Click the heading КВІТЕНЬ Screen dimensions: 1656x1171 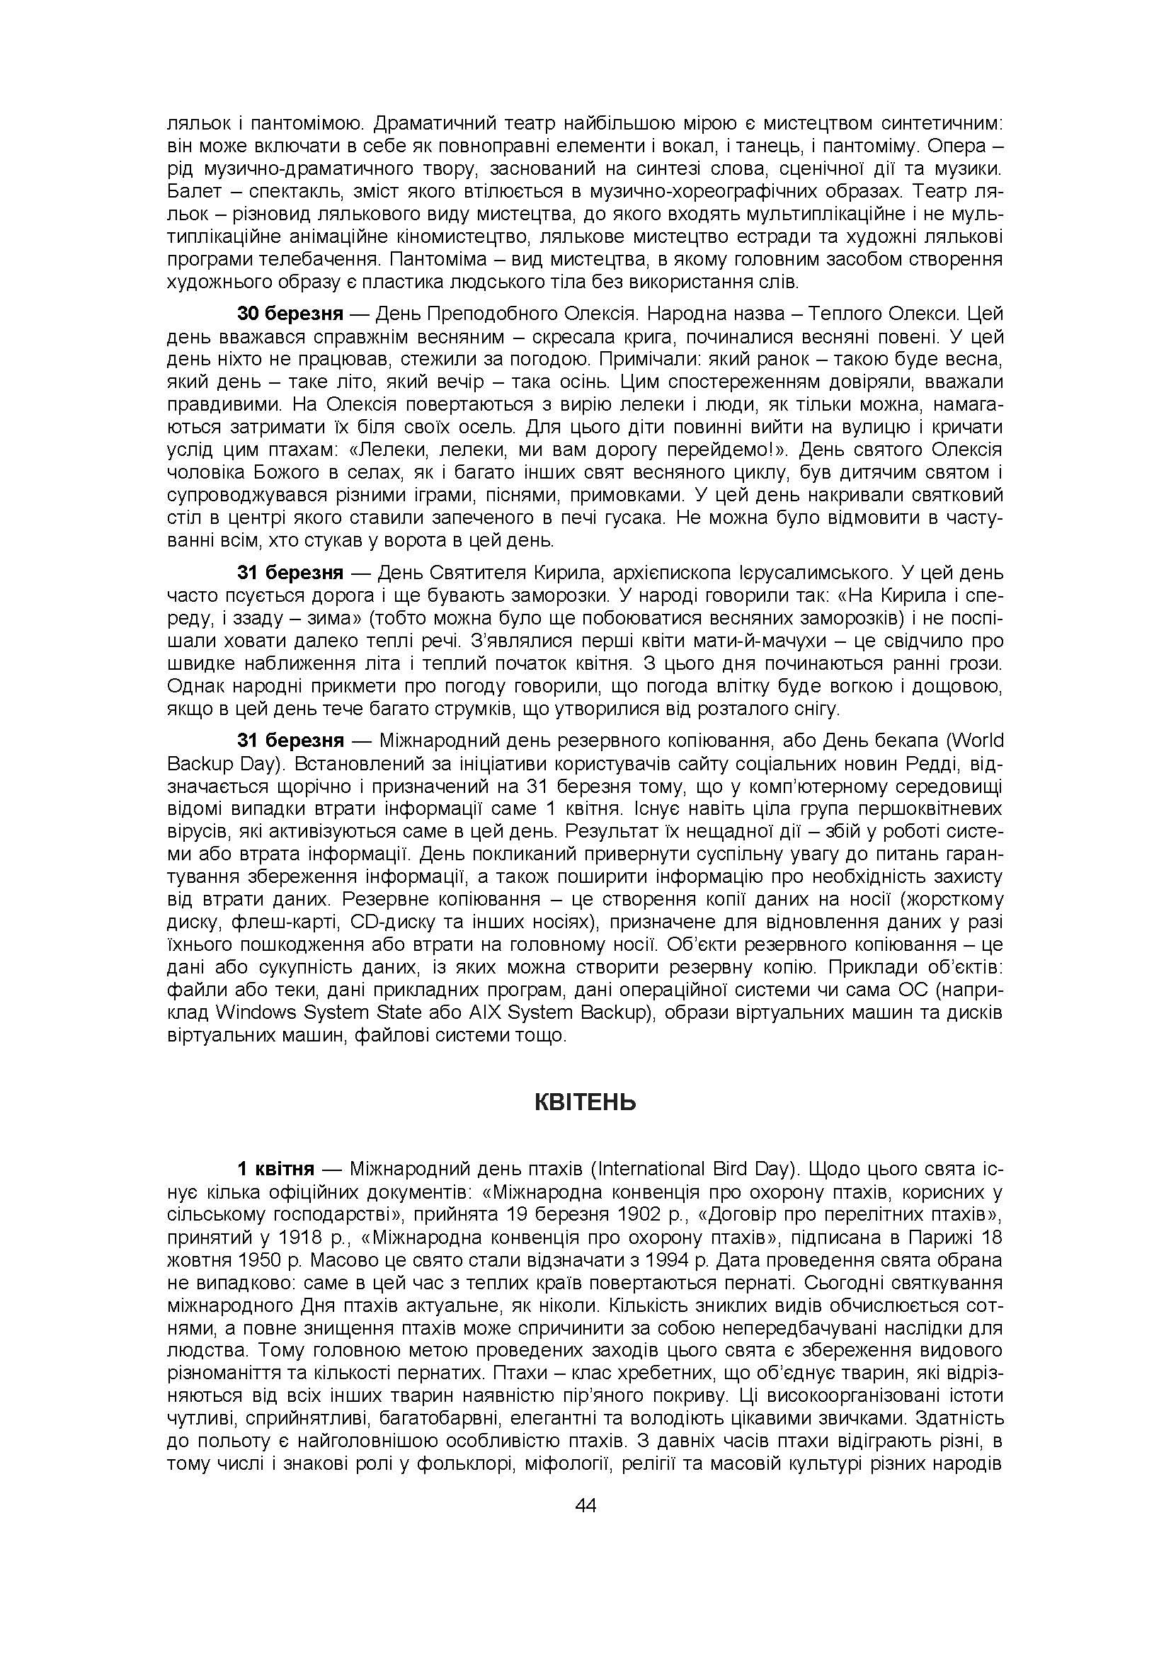tap(585, 1103)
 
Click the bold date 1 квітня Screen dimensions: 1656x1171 tap(275, 1168)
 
